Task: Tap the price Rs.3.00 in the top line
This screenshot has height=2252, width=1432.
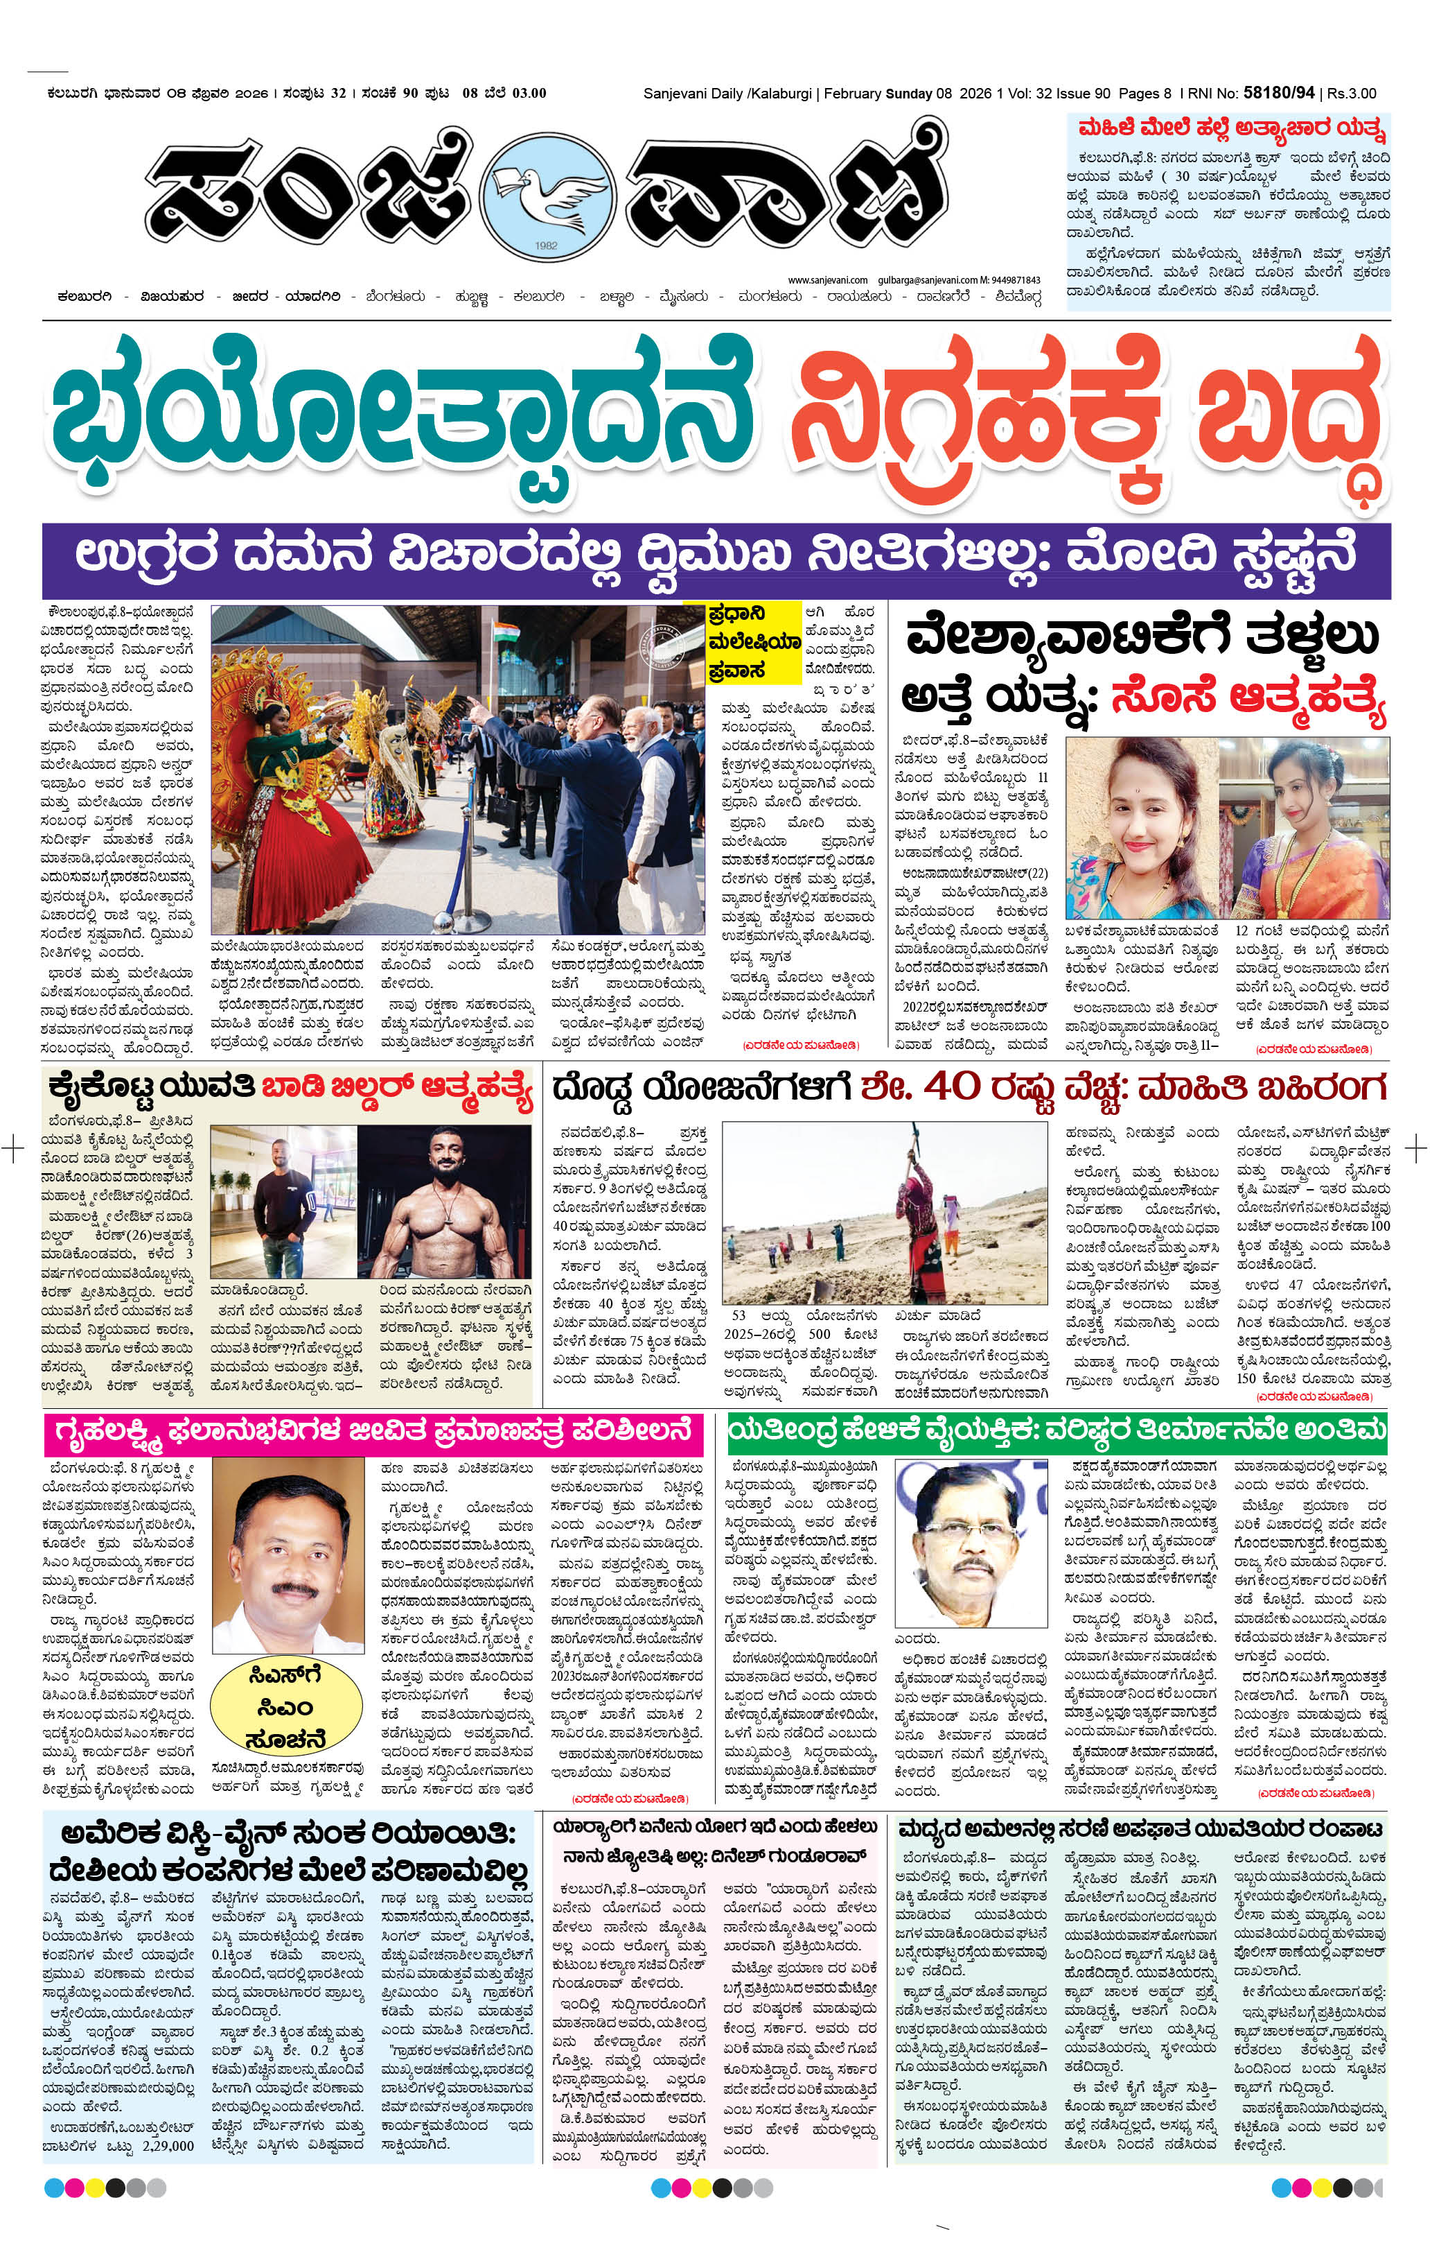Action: click(x=1352, y=94)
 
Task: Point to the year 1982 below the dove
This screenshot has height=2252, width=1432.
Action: click(x=546, y=245)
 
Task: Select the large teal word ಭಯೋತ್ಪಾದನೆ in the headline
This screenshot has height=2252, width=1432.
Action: click(x=402, y=417)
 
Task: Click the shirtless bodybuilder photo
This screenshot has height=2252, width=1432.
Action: click(x=444, y=1202)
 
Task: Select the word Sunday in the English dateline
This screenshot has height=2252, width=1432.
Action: click(x=908, y=94)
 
